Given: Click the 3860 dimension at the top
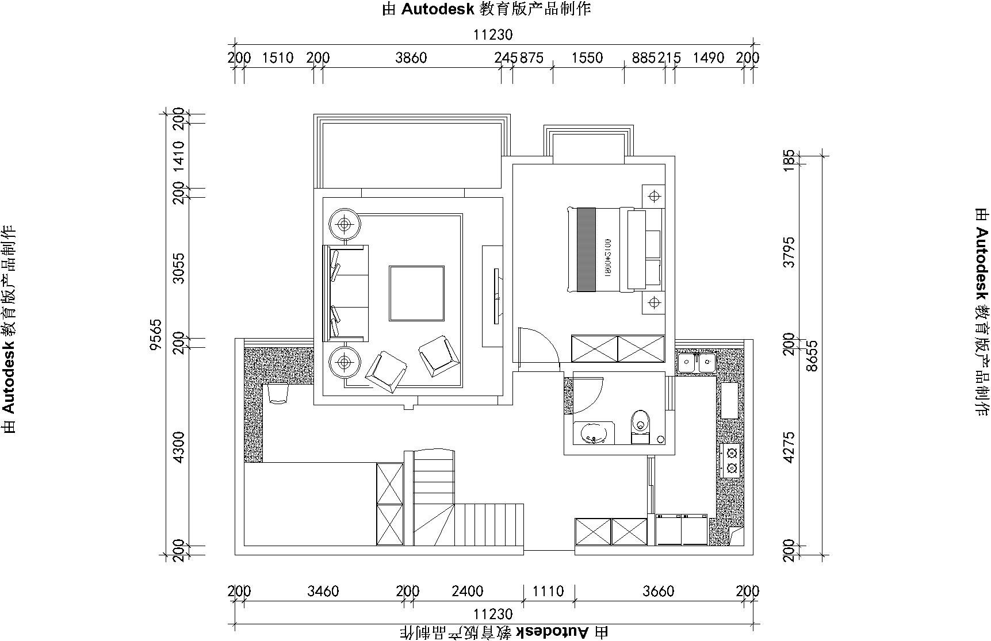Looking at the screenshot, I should pos(411,58).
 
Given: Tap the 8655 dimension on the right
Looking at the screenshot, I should pos(812,356).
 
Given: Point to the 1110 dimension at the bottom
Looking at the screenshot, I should pos(549,592).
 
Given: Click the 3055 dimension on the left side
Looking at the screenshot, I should pos(179,268).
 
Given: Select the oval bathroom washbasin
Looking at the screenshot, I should pos(592,433).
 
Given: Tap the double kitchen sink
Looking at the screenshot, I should pos(696,362).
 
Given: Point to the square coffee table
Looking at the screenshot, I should pos(416,293).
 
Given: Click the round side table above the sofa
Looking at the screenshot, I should pos(344,224).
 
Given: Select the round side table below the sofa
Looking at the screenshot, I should pos(344,362).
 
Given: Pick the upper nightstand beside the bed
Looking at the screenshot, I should pos(653,197).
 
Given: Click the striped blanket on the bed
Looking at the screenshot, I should pos(586,250).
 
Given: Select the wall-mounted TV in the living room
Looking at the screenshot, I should pos(496,296).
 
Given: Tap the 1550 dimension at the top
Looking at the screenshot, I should pos(588,58).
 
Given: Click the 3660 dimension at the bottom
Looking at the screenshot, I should pos(658,592).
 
